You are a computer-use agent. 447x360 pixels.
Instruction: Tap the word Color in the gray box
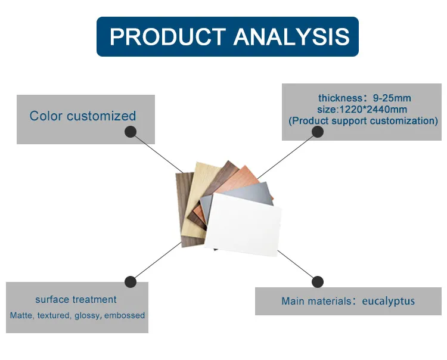pyautogui.click(x=46, y=116)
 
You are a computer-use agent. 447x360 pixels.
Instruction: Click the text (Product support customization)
pyautogui.click(x=364, y=120)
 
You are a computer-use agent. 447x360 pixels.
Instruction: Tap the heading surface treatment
pyautogui.click(x=76, y=299)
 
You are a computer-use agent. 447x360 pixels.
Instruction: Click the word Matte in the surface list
pyautogui.click(x=21, y=315)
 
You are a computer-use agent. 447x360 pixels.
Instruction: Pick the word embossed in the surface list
pyautogui.click(x=125, y=315)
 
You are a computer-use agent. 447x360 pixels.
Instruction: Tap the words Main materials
pyautogui.click(x=316, y=301)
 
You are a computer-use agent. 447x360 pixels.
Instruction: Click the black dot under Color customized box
pyautogui.click(x=131, y=131)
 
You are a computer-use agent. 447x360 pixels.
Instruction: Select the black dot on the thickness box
pyautogui.click(x=318, y=131)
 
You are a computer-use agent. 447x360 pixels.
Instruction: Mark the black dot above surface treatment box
pyautogui.click(x=131, y=281)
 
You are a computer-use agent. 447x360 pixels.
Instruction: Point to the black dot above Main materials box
pyautogui.click(x=318, y=281)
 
